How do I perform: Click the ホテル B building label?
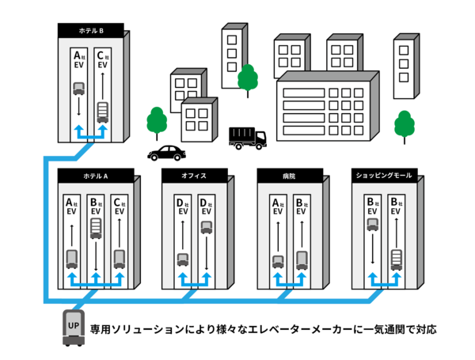coord(91,31)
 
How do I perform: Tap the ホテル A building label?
coord(96,176)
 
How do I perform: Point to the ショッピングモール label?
coord(382,175)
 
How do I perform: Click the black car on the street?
coord(167,152)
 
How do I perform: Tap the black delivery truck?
coord(247,138)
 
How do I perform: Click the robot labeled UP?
coord(74,329)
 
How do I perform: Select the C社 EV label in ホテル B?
coord(101,60)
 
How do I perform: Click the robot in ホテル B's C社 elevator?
coord(102,112)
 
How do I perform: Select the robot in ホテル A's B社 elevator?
coord(96,229)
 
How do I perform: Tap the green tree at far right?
coord(405,123)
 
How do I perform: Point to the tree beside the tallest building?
coord(248,78)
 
